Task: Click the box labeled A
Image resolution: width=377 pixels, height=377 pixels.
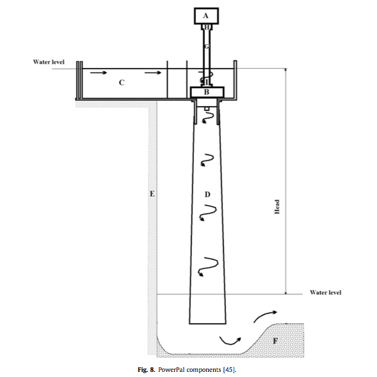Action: coord(206,16)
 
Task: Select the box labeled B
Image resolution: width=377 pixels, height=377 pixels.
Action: coord(207,92)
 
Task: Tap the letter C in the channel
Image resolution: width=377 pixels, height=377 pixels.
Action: coord(121,83)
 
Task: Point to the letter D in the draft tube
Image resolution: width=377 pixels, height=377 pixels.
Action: coord(207,194)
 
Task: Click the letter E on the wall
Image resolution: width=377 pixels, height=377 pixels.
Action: coord(152,194)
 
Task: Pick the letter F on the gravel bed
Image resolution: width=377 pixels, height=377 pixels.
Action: coord(276,341)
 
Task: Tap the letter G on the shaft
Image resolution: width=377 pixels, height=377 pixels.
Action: coord(207,46)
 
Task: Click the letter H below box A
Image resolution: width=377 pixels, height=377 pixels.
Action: coord(207,28)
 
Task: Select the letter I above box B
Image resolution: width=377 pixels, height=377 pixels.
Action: coord(207,83)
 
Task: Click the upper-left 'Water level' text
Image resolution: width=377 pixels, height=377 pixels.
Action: coord(49,62)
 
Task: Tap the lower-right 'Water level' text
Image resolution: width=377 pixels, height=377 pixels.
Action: coord(326,292)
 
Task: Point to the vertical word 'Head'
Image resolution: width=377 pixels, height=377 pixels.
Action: coord(277,207)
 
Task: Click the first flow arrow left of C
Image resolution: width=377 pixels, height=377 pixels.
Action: coord(98,73)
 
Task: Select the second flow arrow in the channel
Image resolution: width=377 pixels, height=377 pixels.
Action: coord(153,73)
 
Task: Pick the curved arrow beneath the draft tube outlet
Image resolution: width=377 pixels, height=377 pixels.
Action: coord(230,341)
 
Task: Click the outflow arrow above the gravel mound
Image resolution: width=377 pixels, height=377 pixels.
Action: coord(265,315)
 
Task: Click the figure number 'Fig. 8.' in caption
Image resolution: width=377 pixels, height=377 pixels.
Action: coord(146,369)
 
